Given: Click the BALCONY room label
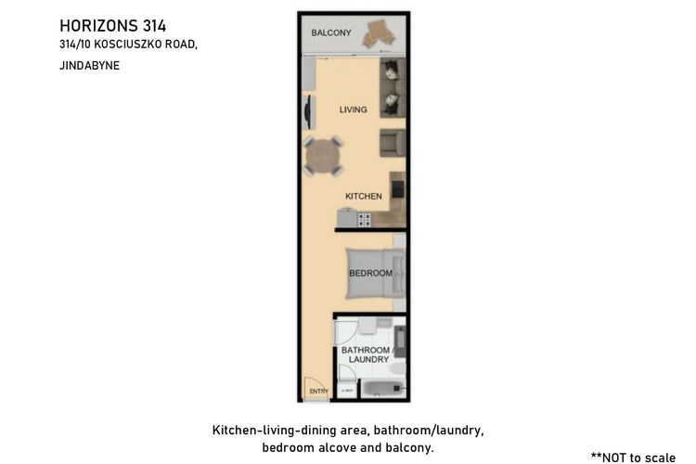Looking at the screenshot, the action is (x=331, y=32).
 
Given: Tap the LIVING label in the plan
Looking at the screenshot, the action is (x=354, y=110).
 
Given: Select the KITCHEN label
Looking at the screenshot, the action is (x=364, y=196).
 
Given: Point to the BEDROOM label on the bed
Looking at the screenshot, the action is (x=370, y=273).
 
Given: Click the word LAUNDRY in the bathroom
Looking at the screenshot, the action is (x=368, y=360).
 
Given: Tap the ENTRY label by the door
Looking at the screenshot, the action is (x=319, y=392).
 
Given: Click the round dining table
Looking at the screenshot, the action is (x=323, y=157).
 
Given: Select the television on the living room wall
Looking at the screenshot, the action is (x=307, y=112).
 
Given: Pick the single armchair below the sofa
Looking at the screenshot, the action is (x=393, y=143).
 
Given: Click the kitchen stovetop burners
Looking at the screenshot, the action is (x=365, y=220).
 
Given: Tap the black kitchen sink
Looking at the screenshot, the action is (x=398, y=189).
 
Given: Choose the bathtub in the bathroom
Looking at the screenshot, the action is (x=382, y=390).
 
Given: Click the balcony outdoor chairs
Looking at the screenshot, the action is (x=379, y=33).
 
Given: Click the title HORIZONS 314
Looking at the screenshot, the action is (x=112, y=26).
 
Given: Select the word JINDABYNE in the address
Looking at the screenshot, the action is (x=90, y=66).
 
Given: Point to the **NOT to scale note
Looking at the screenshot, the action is (x=633, y=458).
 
